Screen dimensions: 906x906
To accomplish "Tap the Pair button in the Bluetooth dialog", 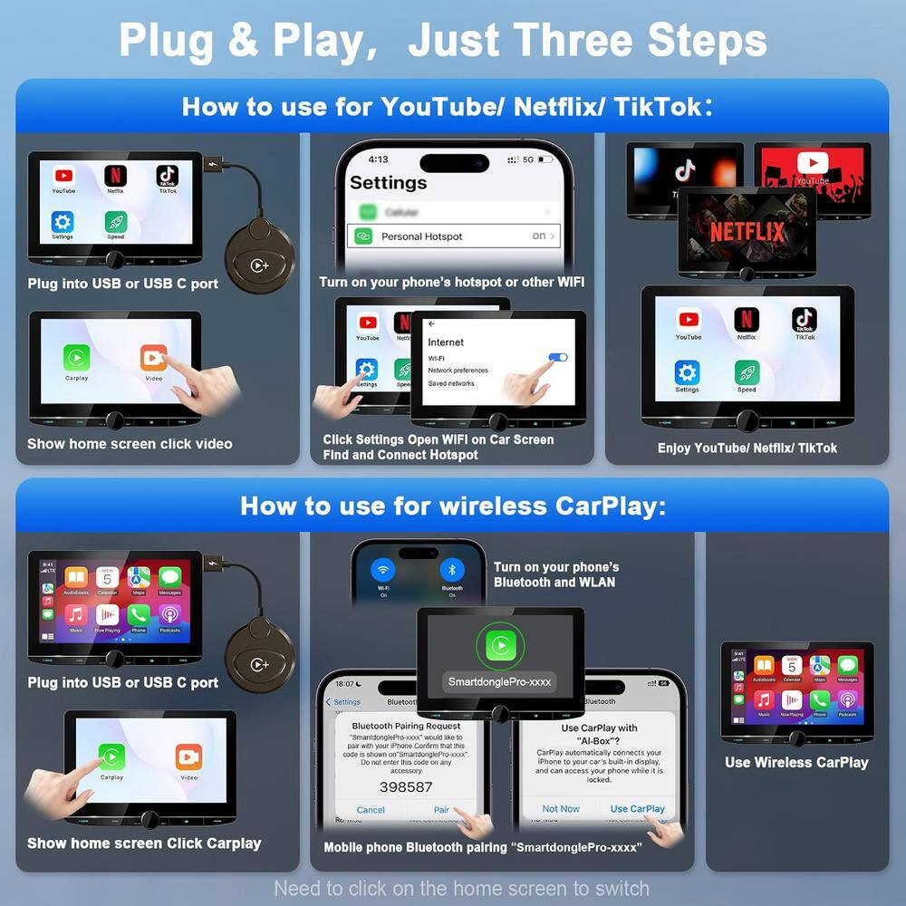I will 441,810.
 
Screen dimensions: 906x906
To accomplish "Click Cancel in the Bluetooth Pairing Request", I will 371,810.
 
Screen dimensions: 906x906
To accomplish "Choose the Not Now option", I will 561,809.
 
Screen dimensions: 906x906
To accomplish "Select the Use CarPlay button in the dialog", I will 637,809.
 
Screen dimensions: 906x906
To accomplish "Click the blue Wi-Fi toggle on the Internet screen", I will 558,358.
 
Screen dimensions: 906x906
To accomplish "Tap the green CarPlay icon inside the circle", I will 499,644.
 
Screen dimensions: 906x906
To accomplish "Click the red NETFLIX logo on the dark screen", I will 747,232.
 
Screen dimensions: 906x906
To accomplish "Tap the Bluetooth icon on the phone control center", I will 452,571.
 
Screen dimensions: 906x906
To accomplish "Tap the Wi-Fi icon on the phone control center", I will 383,571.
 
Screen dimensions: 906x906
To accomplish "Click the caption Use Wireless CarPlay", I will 796,763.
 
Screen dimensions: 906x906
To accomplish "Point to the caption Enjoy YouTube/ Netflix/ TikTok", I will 747,448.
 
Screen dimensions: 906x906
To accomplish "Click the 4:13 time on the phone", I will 379,159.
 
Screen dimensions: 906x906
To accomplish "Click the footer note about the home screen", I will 461,888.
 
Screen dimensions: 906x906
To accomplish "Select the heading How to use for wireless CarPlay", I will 452,506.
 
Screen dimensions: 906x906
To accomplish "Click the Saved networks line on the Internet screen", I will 451,383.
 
